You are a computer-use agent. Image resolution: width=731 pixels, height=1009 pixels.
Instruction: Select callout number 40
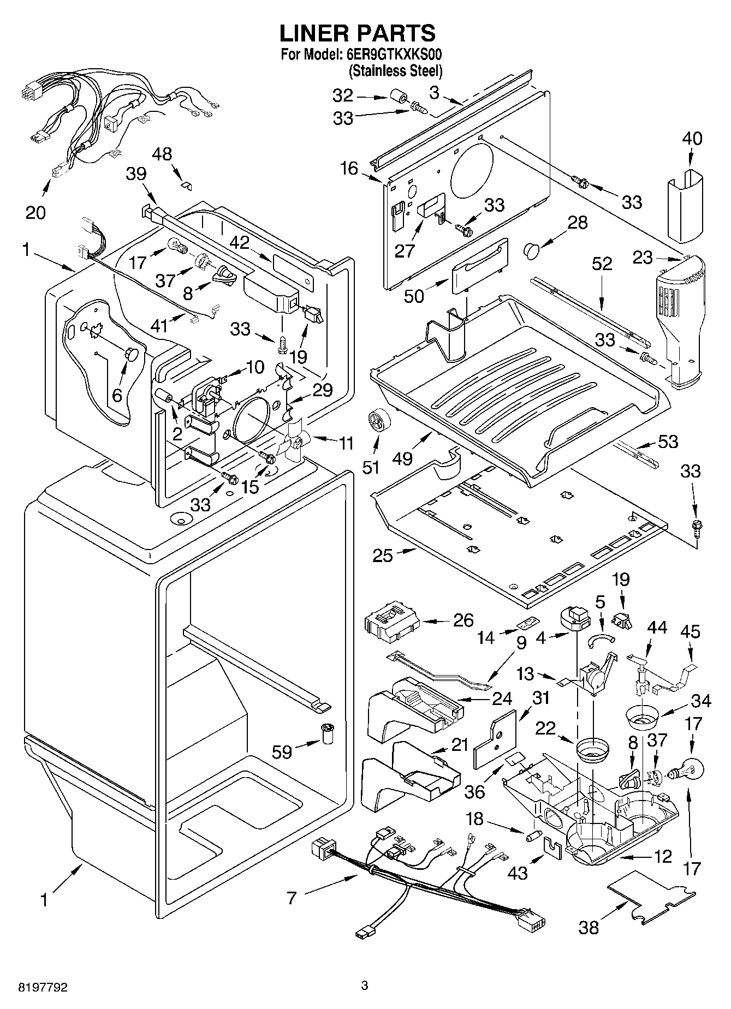tap(692, 139)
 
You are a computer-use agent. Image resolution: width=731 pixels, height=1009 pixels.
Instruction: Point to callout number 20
tap(36, 212)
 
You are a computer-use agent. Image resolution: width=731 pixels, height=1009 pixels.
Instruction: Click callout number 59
tap(282, 752)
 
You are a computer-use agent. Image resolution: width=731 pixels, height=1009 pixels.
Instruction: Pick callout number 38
tap(589, 927)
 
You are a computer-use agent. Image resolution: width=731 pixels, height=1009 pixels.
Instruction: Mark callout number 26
tap(463, 620)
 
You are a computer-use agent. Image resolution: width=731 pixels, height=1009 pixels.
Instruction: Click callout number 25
tap(383, 556)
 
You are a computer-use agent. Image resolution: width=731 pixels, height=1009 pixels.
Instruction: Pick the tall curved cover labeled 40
tap(684, 205)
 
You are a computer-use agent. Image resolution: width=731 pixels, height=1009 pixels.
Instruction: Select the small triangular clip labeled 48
tap(186, 185)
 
